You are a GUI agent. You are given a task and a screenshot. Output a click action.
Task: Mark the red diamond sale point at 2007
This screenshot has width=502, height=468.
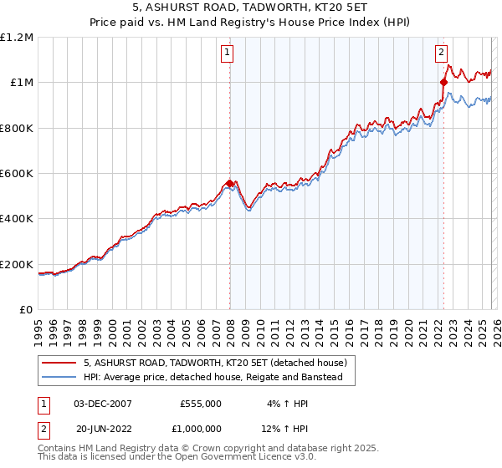tap(229, 183)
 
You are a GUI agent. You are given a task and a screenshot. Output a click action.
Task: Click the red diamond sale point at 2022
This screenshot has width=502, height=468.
tap(443, 82)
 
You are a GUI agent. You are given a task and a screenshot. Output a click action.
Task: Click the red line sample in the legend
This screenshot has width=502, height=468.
tap(59, 363)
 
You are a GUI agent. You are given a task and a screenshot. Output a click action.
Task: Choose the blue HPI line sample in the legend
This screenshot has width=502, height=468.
tap(59, 378)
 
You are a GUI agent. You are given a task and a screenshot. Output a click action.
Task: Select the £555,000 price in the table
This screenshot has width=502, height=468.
tap(201, 403)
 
